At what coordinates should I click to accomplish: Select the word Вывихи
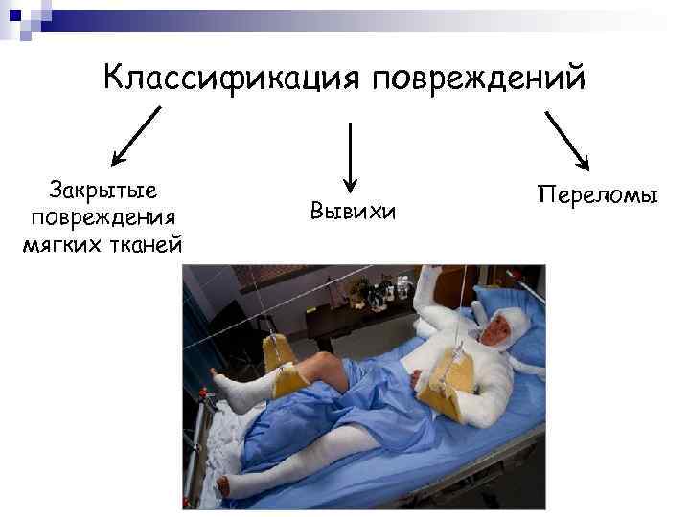353,209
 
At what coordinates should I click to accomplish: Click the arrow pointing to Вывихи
351,153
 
